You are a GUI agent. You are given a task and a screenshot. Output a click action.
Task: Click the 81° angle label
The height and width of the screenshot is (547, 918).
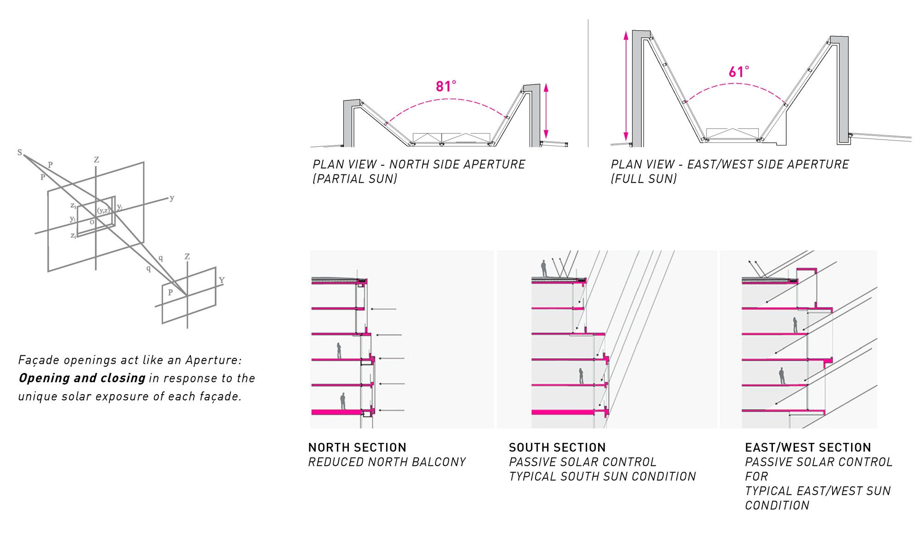click(446, 86)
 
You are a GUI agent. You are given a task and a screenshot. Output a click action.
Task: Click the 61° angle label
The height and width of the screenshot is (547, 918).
click(739, 72)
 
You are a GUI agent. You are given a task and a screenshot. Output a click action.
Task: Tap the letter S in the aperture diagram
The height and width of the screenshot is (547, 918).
click(20, 152)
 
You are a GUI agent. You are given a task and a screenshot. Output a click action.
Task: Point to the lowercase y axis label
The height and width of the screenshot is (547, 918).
click(172, 198)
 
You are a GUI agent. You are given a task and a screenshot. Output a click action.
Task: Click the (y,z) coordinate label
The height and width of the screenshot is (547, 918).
click(103, 211)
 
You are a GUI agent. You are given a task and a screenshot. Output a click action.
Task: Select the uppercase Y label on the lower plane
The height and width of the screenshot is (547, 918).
click(222, 280)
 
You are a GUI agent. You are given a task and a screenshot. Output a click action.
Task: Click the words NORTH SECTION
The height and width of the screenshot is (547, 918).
click(357, 447)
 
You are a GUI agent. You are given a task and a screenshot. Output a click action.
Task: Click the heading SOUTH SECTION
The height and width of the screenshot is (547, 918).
click(557, 447)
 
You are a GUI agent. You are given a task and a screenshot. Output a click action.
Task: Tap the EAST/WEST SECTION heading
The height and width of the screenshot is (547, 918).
click(808, 447)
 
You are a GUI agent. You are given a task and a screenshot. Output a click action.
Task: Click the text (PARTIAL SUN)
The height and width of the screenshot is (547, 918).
click(355, 179)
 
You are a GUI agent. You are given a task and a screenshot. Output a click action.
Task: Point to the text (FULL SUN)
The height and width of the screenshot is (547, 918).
click(644, 179)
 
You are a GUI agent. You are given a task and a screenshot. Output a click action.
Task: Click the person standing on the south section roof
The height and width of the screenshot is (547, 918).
click(544, 268)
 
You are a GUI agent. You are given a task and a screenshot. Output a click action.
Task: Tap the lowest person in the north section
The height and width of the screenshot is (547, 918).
click(343, 401)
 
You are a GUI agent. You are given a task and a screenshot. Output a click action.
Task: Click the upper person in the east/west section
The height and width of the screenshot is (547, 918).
click(795, 325)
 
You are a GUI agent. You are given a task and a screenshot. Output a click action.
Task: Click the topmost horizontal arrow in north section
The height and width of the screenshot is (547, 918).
click(383, 309)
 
